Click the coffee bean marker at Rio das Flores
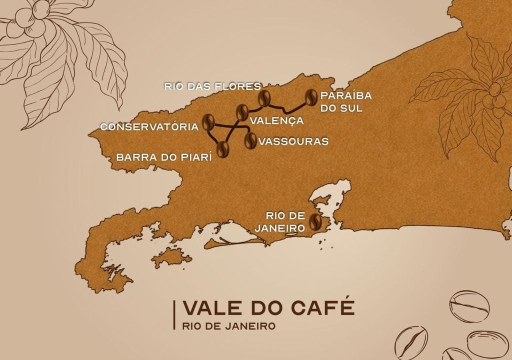264,98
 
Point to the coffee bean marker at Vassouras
249,140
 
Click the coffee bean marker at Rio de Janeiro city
315,221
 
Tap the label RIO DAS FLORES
212,86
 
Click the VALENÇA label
276,120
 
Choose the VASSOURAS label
293,141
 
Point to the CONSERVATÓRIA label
149,127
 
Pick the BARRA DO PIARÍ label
164,156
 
